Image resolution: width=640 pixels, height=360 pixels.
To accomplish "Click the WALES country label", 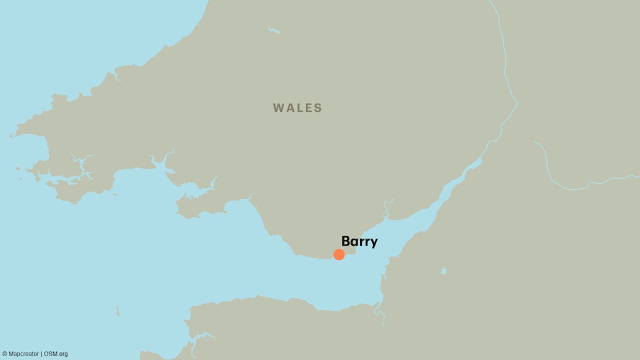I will pos(297,108).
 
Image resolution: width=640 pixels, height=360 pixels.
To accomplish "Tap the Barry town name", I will pos(359,242).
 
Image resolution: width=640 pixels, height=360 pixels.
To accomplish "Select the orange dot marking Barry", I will pos(339,254).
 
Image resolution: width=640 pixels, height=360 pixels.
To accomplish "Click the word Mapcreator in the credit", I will pos(24,354).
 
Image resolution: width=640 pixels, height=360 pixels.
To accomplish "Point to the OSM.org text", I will pos(56,354).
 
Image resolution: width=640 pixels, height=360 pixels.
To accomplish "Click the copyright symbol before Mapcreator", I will pos(4,354).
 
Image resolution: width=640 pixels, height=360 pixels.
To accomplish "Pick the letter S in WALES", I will pos(319,108).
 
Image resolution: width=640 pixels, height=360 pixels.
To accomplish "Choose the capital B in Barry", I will pos(346,241).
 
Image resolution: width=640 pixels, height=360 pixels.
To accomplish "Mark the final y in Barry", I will pos(374,243).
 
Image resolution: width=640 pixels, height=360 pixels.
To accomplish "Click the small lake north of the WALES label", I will pos(274,29).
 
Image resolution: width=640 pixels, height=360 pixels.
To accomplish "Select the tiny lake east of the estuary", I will pos(443,271).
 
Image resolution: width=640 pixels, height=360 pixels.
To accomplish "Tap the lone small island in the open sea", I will pos(117,311).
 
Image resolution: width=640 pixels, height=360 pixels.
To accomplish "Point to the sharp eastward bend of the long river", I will pos(517,103).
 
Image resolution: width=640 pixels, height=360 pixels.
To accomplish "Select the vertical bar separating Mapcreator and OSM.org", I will pos(41,354).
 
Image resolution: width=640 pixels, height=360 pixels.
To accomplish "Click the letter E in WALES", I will pos(309,108).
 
